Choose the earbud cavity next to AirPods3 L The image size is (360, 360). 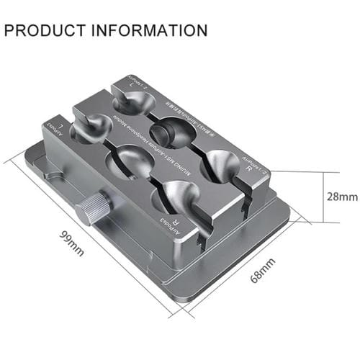tap(90, 130)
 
